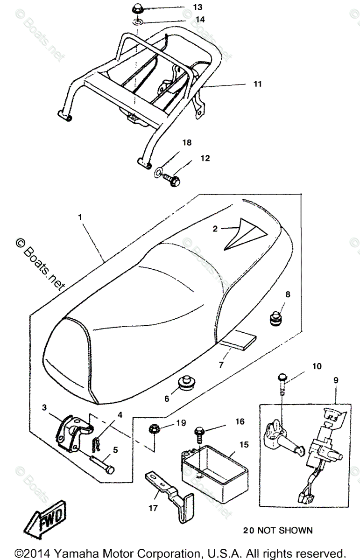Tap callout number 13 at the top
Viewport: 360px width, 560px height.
pos(198,7)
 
